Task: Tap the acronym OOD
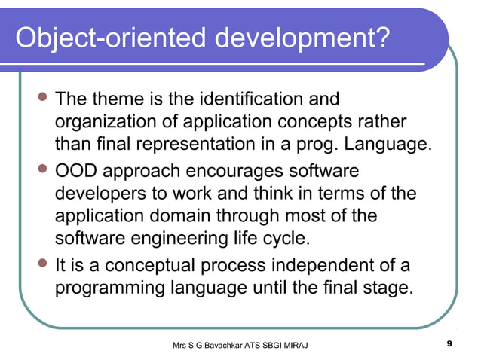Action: coord(78,171)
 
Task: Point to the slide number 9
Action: coord(449,344)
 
